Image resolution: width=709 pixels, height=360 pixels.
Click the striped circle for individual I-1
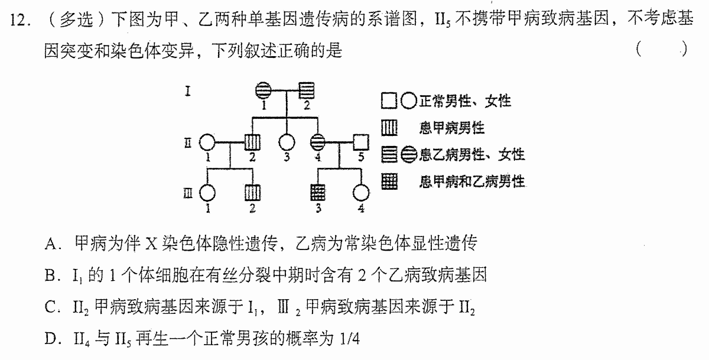[264, 90]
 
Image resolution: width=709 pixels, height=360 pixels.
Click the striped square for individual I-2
[307, 90]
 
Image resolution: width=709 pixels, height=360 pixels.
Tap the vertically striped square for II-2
[253, 142]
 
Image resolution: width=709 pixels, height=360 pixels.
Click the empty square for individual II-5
[361, 142]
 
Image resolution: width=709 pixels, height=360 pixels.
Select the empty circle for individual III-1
[207, 193]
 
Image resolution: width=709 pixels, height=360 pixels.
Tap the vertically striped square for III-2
[253, 193]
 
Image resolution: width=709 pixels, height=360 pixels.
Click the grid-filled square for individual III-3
[318, 193]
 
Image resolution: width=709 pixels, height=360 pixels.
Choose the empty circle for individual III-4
[361, 193]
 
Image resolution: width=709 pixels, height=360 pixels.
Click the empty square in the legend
[389, 101]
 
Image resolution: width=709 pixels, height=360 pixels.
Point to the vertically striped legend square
[389, 128]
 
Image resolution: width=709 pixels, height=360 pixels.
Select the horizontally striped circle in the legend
[409, 155]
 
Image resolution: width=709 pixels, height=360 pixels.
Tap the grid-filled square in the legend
[389, 181]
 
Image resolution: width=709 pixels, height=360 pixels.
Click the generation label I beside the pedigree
[188, 91]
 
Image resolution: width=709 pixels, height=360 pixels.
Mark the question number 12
[18, 20]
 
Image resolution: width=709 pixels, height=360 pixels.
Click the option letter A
[51, 244]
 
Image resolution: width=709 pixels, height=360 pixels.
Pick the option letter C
[51, 307]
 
